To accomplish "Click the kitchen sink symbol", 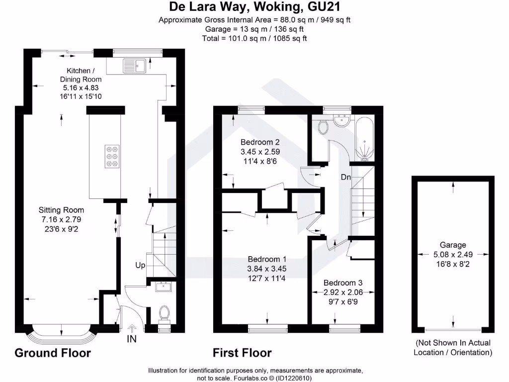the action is tap(135, 66).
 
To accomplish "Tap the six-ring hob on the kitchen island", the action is tap(112, 157).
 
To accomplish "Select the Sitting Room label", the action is tap(61, 210).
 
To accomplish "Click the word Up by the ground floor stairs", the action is tap(140, 266).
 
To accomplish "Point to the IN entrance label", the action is tap(131, 339).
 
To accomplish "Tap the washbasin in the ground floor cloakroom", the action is tap(163, 287).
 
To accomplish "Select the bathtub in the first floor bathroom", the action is tap(364, 139).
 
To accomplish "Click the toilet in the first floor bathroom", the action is tap(323, 127).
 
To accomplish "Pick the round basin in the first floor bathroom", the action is tap(341, 121).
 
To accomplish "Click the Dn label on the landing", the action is tap(346, 177).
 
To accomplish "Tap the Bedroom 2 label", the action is tap(260, 142).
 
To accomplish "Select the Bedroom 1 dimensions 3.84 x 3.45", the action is tap(267, 269).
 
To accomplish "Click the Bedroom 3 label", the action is tap(343, 283).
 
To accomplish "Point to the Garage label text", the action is tap(453, 245).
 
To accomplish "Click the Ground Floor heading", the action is tap(53, 353).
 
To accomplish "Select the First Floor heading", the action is tap(242, 353).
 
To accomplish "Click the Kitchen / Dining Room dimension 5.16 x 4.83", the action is tap(81, 88).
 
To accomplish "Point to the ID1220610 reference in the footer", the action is tap(294, 378).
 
